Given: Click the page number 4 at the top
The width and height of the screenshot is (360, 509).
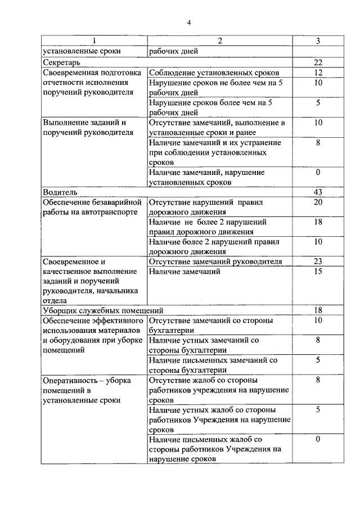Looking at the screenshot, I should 190,22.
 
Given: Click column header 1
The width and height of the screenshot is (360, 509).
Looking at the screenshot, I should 94,41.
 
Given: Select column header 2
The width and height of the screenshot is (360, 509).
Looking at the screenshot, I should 220,41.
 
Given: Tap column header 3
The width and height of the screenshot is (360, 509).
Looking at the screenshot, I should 318,41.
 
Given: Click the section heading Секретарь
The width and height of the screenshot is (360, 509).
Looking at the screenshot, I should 62,62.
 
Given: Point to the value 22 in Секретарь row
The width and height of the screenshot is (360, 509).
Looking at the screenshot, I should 318,62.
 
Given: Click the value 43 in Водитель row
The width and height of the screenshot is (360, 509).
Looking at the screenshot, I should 318,191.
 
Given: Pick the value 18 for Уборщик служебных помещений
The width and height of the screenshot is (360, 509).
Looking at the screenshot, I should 318,310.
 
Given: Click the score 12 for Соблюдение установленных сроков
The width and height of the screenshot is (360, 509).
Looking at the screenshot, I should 318,73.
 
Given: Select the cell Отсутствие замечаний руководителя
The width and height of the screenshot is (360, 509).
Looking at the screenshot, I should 215,261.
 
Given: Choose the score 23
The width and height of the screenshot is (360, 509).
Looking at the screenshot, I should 318,261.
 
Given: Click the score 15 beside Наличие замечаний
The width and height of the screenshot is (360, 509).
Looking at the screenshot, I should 318,272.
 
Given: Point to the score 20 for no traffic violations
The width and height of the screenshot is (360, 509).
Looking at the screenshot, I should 318,202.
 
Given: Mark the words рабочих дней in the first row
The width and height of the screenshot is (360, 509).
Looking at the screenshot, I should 173,51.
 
